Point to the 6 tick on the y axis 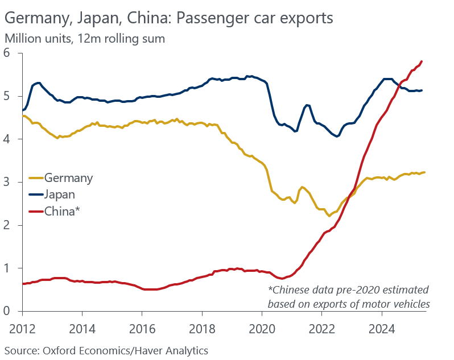7,53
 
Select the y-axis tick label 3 7,182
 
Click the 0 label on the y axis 7,311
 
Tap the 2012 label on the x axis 22,328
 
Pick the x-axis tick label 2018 202,328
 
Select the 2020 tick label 262,328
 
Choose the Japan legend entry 59,195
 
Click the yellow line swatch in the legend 36,179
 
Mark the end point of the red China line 422,61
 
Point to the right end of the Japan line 422,90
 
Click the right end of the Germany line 424,172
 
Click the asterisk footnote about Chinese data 348,296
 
